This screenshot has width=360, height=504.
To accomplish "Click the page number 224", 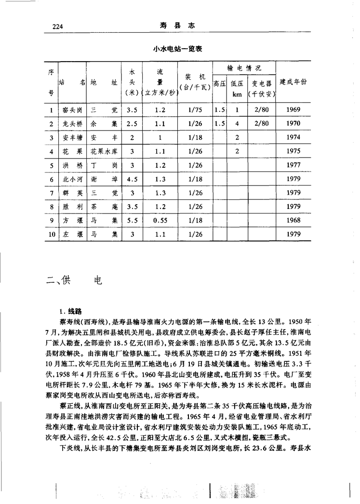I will tap(58, 27).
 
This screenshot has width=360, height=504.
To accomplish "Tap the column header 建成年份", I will tap(293, 81).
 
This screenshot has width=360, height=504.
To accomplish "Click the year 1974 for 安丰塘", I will tap(293, 137).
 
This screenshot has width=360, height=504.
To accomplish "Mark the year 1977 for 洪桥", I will tap(293, 165).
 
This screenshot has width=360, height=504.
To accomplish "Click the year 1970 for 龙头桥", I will tap(293, 123).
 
